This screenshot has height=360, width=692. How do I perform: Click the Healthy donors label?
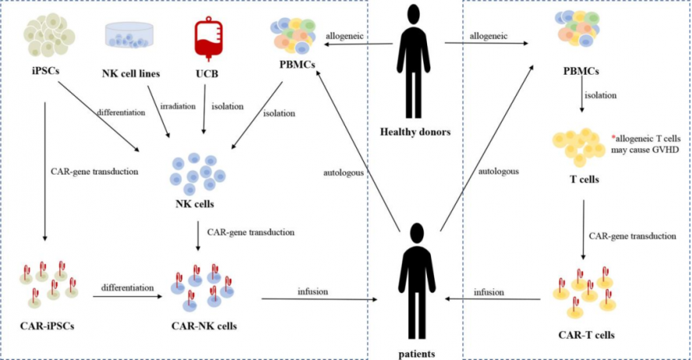click(415, 131)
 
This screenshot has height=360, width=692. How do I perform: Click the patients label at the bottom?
click(415, 353)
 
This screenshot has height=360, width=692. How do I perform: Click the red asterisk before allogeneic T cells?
click(612, 136)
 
